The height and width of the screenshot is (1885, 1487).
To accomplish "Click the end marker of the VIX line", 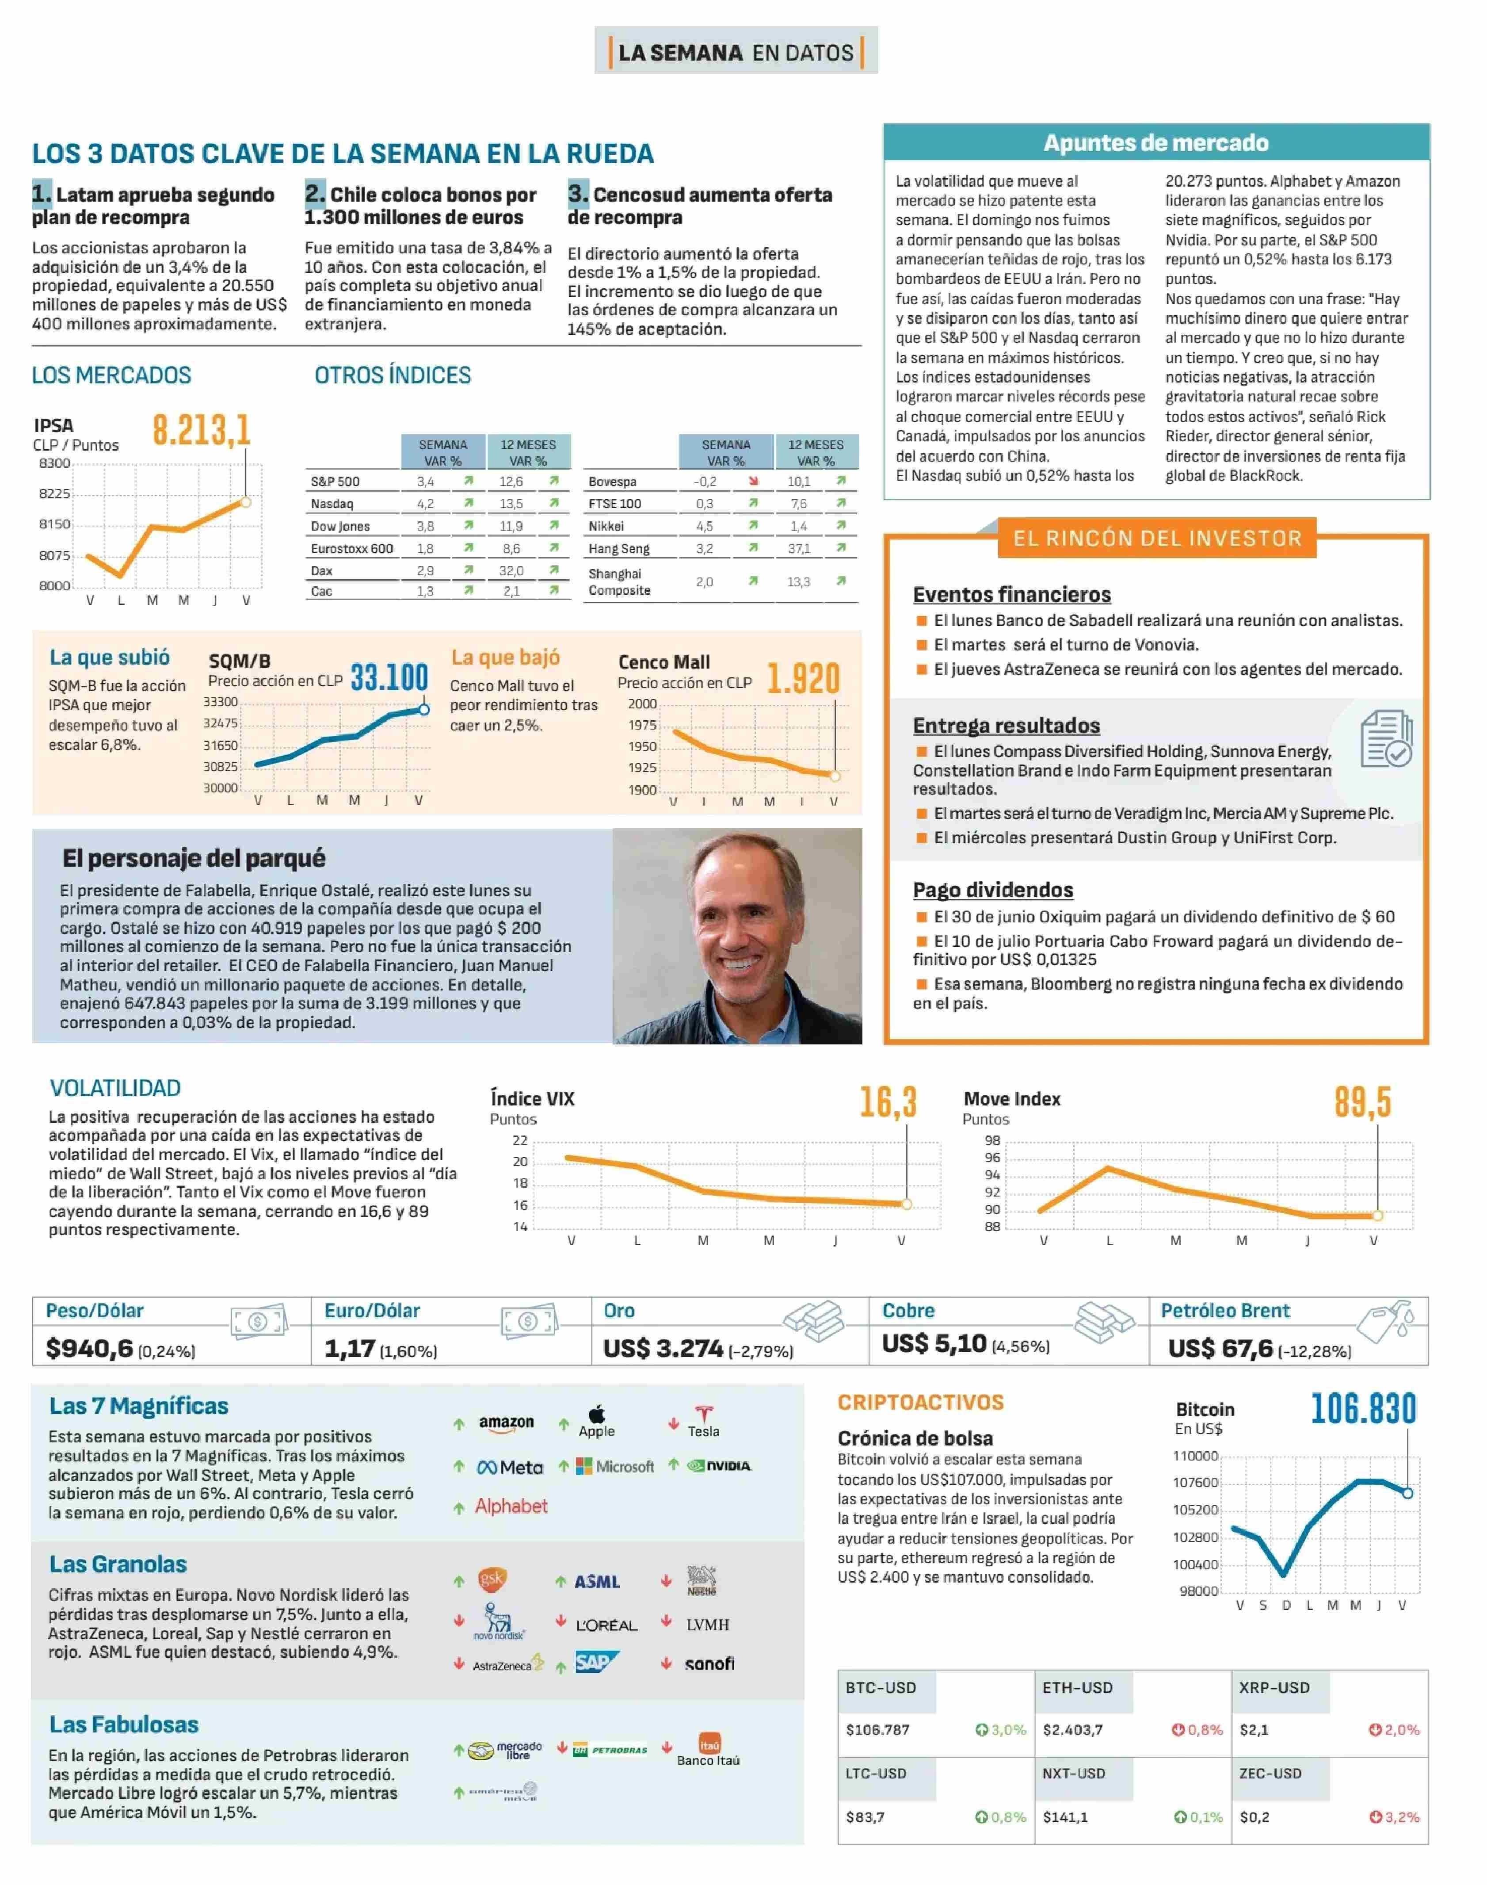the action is click(906, 1204).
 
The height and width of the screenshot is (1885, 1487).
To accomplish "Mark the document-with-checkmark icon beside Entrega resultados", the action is click(1386, 738).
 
